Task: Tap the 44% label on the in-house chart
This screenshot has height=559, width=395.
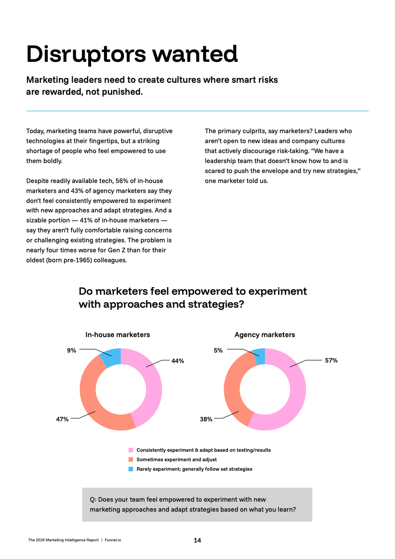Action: click(177, 361)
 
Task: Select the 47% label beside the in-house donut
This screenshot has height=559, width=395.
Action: click(62, 419)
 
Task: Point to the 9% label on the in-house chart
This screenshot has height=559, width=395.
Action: click(72, 351)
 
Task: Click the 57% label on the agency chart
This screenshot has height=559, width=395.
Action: click(331, 360)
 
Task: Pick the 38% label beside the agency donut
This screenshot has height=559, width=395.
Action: click(206, 419)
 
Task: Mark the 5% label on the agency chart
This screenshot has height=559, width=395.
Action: click(218, 351)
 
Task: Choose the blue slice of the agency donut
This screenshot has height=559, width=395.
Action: click(260, 356)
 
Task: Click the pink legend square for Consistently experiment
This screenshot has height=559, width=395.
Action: click(131, 450)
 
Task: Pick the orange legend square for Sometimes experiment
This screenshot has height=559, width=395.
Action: click(131, 459)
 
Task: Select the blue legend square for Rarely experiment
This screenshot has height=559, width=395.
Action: click(131, 469)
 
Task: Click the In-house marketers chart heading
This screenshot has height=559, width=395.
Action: click(118, 335)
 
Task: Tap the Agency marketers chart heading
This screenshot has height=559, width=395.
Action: click(264, 335)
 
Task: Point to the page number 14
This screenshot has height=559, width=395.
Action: click(197, 540)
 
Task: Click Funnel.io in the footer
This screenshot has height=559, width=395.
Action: click(113, 540)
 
